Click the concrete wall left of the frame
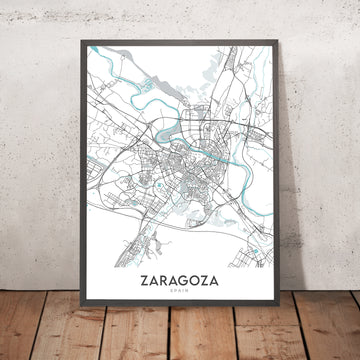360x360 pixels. (x=35, y=150)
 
